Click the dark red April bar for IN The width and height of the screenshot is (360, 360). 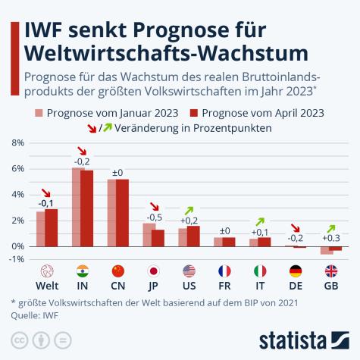tap(87, 208)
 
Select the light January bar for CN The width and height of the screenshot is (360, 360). tap(112, 213)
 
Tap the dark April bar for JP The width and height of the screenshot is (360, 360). tap(158, 238)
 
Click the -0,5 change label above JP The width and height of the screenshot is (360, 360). tap(152, 218)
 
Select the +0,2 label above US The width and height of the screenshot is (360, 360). tap(188, 221)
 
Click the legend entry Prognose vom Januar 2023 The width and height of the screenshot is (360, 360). tap(106, 113)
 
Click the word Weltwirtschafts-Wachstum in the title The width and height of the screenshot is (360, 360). tap(166, 53)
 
